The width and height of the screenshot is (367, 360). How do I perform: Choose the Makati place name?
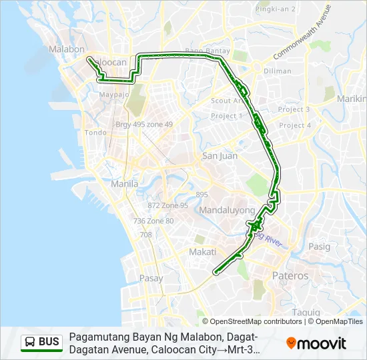click(x=202, y=252)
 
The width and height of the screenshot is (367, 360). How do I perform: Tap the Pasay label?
click(x=151, y=279)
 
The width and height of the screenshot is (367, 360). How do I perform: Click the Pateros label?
click(x=290, y=275)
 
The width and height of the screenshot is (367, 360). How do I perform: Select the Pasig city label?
click(x=318, y=247)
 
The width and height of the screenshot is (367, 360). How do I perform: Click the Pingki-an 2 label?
click(x=276, y=9)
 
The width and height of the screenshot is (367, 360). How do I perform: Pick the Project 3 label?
click(x=294, y=109)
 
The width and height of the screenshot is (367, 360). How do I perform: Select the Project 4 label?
click(x=295, y=125)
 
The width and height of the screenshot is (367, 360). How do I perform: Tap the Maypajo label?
click(x=113, y=94)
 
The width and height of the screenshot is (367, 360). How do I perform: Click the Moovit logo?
click(x=316, y=343)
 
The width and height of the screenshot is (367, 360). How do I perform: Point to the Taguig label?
click(x=306, y=312)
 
